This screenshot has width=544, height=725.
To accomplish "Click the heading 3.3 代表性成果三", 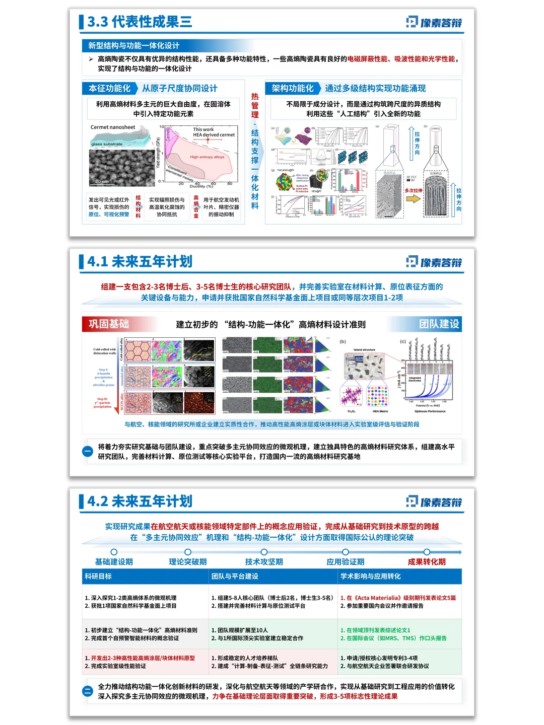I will click(139, 22).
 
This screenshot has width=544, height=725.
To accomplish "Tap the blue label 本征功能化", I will click(109, 89).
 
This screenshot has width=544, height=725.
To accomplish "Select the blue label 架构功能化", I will click(292, 89).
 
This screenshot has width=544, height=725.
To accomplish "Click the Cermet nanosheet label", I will click(113, 127).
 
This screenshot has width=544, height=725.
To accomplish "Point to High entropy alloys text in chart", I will click(207, 157).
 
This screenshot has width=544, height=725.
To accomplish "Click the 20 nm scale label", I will click(102, 181).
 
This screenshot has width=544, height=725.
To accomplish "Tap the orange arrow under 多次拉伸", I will click(413, 198).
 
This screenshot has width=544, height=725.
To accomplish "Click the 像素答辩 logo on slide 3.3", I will click(434, 22).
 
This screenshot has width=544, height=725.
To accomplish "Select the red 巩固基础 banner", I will click(109, 324).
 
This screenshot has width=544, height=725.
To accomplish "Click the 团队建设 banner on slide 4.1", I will click(439, 324).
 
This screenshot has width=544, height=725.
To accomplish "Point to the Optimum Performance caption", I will click(430, 411).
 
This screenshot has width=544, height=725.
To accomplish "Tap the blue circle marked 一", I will click(88, 452).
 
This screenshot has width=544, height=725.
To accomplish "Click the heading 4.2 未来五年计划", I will click(140, 501).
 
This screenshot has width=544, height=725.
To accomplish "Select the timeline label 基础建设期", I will click(114, 562).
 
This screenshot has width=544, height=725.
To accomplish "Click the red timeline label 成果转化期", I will click(427, 562).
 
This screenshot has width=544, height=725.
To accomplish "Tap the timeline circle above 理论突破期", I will click(188, 552).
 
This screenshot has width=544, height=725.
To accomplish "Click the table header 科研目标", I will click(99, 576).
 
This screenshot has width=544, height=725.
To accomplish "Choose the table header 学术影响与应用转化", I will click(371, 576).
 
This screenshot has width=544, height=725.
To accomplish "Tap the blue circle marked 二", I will click(88, 691).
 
